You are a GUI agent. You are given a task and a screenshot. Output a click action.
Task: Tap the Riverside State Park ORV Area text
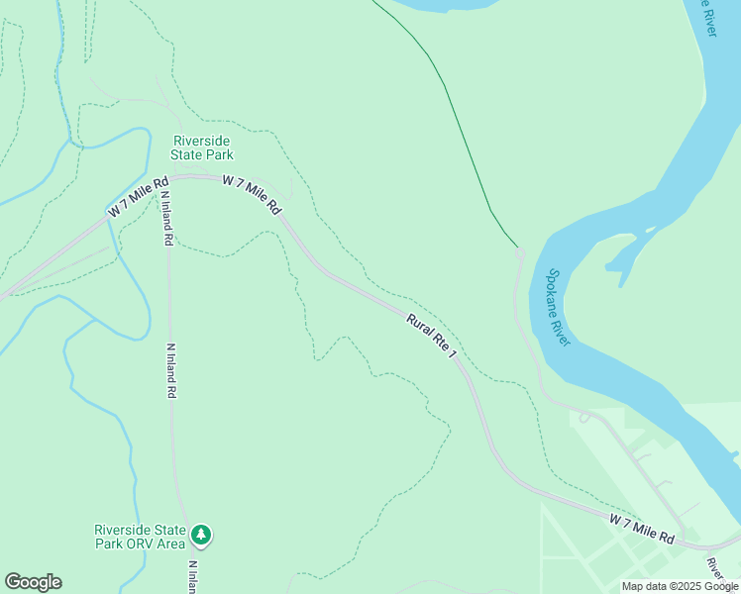click(139, 536)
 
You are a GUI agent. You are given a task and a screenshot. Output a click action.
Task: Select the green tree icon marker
click(202, 536)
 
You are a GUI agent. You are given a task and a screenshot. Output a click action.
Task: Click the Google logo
click(33, 582)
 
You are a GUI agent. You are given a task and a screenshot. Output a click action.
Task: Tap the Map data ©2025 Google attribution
click(681, 586)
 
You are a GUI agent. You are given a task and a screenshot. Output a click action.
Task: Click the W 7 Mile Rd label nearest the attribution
click(642, 528)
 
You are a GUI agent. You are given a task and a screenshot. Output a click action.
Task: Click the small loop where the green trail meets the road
click(520, 254)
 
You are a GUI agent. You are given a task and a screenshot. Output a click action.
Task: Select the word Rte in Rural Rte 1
click(435, 337)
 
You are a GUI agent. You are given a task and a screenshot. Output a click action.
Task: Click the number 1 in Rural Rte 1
click(456, 353)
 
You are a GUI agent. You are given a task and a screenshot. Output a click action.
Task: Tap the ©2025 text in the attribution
click(681, 586)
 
